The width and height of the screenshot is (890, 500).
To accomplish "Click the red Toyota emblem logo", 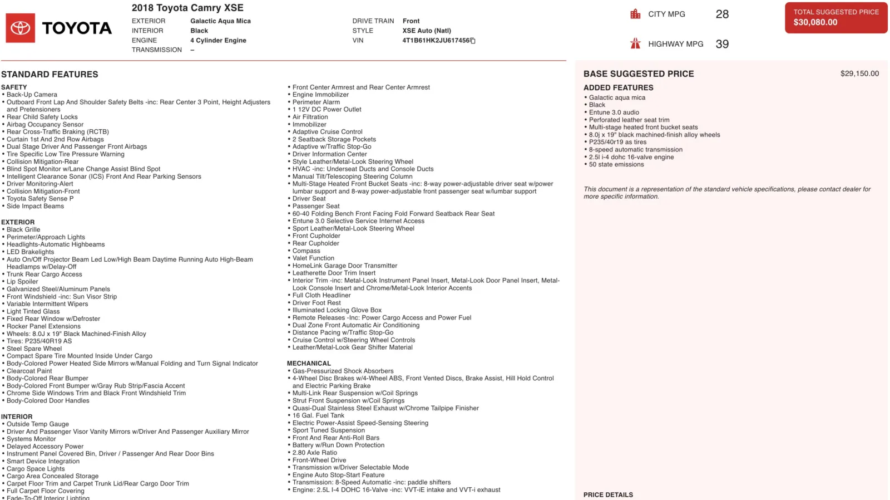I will pyautogui.click(x=21, y=28).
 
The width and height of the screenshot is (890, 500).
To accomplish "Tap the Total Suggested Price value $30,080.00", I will pyautogui.click(x=815, y=22).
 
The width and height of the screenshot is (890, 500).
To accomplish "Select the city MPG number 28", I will pyautogui.click(x=722, y=14).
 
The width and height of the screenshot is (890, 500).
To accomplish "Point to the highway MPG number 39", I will pyautogui.click(x=722, y=44).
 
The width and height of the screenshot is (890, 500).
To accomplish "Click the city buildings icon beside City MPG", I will pyautogui.click(x=635, y=14).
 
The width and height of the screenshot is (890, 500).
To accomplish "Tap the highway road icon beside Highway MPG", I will pyautogui.click(x=635, y=43).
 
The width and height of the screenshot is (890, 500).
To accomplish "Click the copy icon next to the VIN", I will pyautogui.click(x=473, y=41).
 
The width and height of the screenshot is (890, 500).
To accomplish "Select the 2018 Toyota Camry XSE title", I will pyautogui.click(x=187, y=8).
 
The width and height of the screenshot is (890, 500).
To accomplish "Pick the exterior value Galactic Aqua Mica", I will pyautogui.click(x=220, y=21).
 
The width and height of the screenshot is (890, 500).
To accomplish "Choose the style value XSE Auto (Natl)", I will pyautogui.click(x=427, y=31).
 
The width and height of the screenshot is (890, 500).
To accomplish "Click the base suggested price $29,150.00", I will pyautogui.click(x=859, y=73).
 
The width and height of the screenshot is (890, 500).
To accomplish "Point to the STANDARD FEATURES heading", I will pyautogui.click(x=50, y=74).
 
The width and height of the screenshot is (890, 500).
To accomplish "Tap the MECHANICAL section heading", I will pyautogui.click(x=309, y=363).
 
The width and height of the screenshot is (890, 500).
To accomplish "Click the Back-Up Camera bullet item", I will pyautogui.click(x=32, y=95).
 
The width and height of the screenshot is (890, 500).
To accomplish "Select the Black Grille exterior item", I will pyautogui.click(x=23, y=229).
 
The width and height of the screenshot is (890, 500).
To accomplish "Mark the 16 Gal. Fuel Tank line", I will pyautogui.click(x=318, y=415).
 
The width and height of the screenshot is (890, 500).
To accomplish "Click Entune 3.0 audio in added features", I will pyautogui.click(x=614, y=112).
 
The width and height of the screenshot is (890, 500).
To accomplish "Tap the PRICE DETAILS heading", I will pyautogui.click(x=608, y=494).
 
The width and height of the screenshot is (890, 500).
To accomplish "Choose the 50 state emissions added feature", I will pyautogui.click(x=616, y=164).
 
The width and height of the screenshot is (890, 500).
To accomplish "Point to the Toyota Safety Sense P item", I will pyautogui.click(x=40, y=199).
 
